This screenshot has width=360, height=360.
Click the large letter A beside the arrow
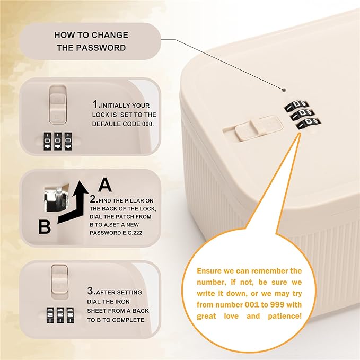click(x=105, y=185)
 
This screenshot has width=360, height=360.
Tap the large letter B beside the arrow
click(x=45, y=227)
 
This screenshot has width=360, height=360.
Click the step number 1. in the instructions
click(x=96, y=104)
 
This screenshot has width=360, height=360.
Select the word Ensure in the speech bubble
click(x=211, y=271)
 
